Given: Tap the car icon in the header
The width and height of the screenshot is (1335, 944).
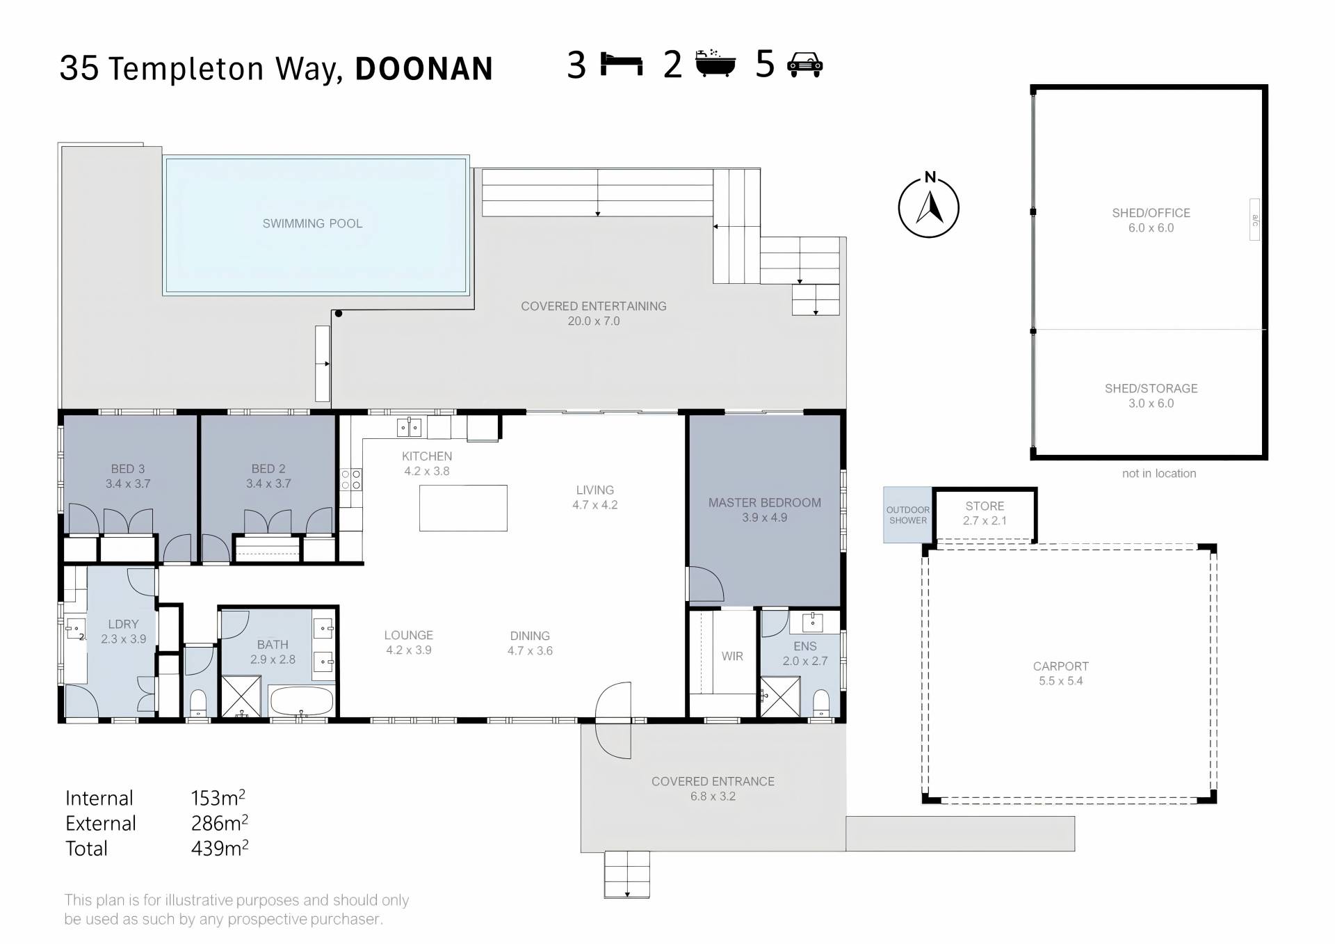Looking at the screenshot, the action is click(x=804, y=64).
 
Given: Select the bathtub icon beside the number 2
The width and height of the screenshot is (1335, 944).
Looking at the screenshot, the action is click(x=715, y=63).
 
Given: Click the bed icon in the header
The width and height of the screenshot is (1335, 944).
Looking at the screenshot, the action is click(x=622, y=64).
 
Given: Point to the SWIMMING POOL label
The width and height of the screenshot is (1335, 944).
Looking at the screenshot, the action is click(x=312, y=223).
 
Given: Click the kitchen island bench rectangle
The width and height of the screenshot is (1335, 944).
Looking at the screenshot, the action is click(x=463, y=508).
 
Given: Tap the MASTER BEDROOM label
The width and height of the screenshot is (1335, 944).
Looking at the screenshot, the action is click(x=765, y=502).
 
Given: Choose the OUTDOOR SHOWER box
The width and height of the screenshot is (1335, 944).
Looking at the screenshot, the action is click(x=907, y=515).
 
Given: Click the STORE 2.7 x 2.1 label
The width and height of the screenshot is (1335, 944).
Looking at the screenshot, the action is click(x=985, y=513).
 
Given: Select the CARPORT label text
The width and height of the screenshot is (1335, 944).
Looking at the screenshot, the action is click(x=1061, y=666).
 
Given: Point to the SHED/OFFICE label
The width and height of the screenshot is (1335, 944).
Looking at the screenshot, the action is click(x=1151, y=213).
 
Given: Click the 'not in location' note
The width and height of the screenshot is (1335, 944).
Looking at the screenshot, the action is click(x=1159, y=473).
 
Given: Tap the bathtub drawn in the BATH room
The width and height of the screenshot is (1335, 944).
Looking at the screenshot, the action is click(x=302, y=701).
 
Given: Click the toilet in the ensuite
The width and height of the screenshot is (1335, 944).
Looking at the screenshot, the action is click(x=821, y=703).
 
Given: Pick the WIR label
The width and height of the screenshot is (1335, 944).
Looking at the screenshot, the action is click(x=732, y=656).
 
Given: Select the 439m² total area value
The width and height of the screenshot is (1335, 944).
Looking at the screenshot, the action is click(x=220, y=848).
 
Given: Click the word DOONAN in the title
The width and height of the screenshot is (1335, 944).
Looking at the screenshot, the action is click(x=424, y=69).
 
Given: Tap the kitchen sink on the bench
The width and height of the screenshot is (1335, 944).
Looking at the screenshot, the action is click(x=409, y=427).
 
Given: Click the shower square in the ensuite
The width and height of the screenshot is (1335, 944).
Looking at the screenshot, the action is click(x=780, y=696).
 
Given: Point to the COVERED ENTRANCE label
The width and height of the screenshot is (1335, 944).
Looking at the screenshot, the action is click(x=713, y=781).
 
